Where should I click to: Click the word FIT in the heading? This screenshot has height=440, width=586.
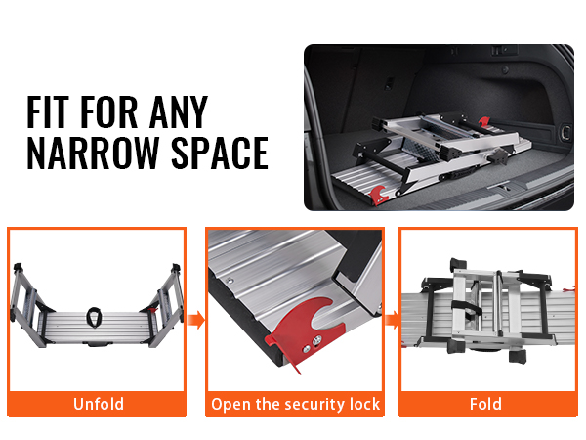pyautogui.click(x=48, y=111)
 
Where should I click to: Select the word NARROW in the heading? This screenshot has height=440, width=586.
pyautogui.click(x=93, y=153)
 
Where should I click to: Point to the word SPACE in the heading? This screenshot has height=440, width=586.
pyautogui.click(x=220, y=153)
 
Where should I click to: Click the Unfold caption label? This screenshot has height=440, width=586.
pyautogui.click(x=99, y=404)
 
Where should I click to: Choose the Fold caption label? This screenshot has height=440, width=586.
pyautogui.click(x=485, y=404)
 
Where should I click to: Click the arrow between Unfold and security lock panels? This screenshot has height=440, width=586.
pyautogui.click(x=196, y=321)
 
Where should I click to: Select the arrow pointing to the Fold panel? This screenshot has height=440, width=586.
pyautogui.click(x=392, y=321)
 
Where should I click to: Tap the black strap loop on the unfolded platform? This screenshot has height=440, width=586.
pyautogui.click(x=94, y=317)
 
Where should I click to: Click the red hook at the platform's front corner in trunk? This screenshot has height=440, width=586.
pyautogui.click(x=378, y=195)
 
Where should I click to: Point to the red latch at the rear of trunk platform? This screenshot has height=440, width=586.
pyautogui.click(x=484, y=122)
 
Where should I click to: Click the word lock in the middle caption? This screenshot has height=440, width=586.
pyautogui.click(x=364, y=404)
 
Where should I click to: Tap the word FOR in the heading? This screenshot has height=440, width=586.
pyautogui.click(x=109, y=111)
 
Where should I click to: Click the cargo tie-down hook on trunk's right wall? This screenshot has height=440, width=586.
pyautogui.click(x=566, y=132)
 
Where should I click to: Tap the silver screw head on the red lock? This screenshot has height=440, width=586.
pyautogui.click(x=317, y=339)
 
